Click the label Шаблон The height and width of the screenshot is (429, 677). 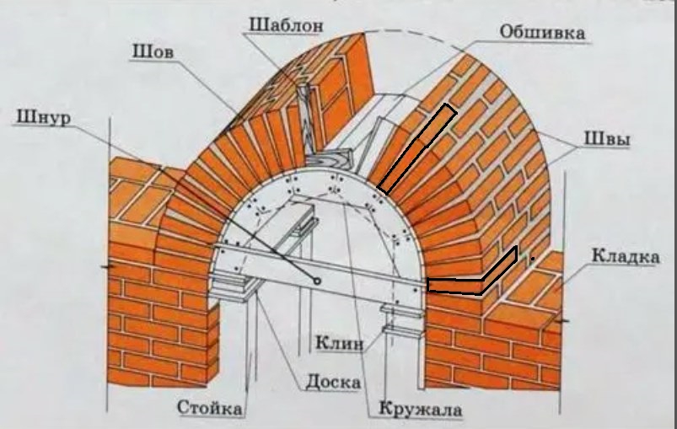point(286,25)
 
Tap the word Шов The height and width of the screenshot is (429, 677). point(153,53)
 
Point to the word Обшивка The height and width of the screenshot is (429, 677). point(543,32)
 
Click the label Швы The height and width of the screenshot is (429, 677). point(607,140)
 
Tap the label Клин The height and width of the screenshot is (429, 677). point(340,343)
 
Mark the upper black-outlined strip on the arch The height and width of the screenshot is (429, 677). point(416,148)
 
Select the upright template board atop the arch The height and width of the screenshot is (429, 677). point(305,118)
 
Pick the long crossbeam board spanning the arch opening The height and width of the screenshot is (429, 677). point(320,270)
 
